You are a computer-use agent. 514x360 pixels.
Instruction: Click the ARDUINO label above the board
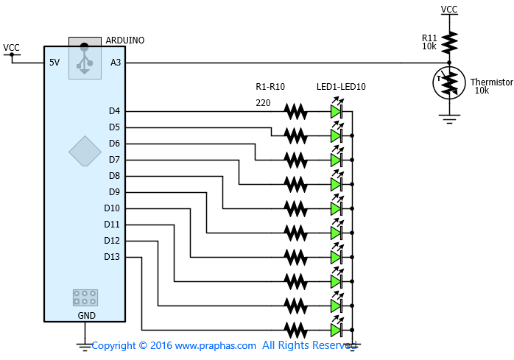[x=125, y=40]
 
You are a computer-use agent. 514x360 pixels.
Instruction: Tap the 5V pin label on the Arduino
[x=54, y=63]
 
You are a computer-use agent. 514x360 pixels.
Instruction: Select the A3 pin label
[x=116, y=63]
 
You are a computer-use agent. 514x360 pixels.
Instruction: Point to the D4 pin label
[x=114, y=111]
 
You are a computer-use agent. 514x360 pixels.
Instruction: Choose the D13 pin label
[x=112, y=257]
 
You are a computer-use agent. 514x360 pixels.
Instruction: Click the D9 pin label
[x=114, y=192]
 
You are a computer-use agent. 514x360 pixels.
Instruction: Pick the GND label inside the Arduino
[x=87, y=315]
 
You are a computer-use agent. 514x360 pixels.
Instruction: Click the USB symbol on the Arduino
[x=85, y=58]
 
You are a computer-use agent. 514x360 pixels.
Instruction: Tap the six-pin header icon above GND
[x=85, y=297]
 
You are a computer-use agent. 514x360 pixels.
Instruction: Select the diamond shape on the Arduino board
[x=85, y=151]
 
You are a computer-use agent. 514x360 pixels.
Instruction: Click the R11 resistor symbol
[x=449, y=43]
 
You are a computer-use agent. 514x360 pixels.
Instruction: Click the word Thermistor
[x=492, y=82]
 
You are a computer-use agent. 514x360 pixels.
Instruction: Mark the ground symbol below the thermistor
[x=449, y=119]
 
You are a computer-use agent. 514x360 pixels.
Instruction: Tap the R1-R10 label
[x=270, y=87]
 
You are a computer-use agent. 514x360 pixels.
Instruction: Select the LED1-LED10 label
[x=341, y=87]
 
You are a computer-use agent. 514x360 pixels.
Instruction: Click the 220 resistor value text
[x=263, y=103]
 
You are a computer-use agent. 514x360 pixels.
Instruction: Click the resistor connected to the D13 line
[x=296, y=330]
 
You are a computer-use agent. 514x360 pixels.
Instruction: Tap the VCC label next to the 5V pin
[x=12, y=48]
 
